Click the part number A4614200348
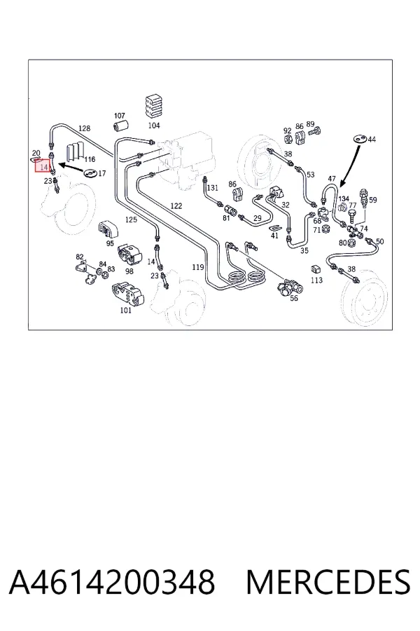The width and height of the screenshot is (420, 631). [x=112, y=581]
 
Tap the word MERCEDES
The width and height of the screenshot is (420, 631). [x=328, y=581]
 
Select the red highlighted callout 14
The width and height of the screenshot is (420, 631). [x=43, y=166]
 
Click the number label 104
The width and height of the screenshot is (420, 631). [x=154, y=125]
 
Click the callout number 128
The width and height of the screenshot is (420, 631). [x=84, y=128]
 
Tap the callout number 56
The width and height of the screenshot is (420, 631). [x=294, y=298]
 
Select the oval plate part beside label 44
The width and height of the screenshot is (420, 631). [x=360, y=138]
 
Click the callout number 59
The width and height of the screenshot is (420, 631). [x=373, y=200]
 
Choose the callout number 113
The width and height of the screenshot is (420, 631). [x=316, y=280]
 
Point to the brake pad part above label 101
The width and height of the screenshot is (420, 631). [x=127, y=294]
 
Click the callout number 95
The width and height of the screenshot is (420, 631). [x=110, y=243]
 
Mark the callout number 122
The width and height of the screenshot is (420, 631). [x=176, y=206]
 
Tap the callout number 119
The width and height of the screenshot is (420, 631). [x=197, y=267]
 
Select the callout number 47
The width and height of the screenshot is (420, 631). [x=332, y=179]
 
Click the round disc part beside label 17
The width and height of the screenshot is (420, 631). [x=90, y=173]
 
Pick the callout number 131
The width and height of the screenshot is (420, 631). [x=212, y=187]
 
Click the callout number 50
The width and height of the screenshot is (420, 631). [x=380, y=241]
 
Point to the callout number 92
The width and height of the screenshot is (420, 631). [x=288, y=131]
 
